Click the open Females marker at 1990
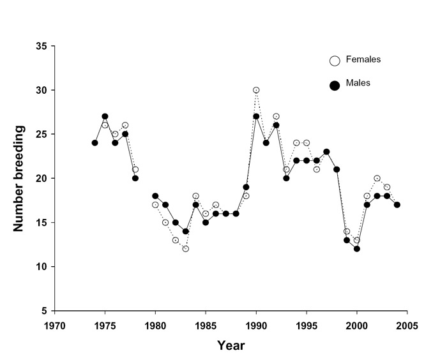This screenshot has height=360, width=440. pos(256,90)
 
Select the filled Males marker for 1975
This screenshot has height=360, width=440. pos(105,117)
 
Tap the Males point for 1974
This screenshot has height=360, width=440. pos(95,143)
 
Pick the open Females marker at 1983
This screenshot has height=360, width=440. pos(185,249)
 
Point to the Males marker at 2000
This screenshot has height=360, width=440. pos(357,249)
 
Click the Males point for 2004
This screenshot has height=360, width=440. pos(397,205)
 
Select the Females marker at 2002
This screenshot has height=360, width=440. pos(377,178)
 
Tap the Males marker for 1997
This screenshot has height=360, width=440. pos(326,152)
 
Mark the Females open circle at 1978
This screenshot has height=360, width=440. pos(135,170)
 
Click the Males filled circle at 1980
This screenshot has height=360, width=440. pos(155,196)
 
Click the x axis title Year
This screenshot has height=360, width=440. pos(231,345)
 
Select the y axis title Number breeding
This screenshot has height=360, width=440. pos(20,178)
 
